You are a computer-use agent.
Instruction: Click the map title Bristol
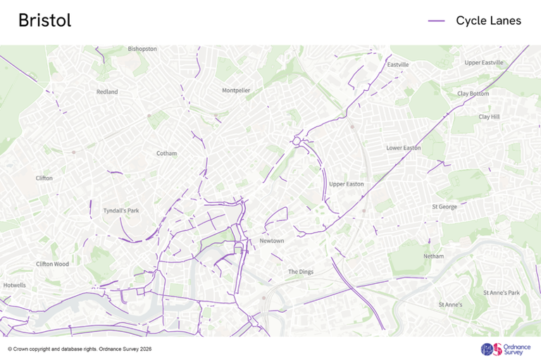(44, 21)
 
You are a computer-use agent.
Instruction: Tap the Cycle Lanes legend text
(488, 21)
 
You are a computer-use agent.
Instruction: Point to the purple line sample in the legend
(437, 21)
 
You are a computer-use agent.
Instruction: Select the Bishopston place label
(142, 49)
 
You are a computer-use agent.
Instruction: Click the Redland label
(107, 92)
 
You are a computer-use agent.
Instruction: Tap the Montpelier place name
(236, 91)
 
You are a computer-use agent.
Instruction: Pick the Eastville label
(398, 65)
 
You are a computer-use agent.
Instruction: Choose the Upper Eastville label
(484, 63)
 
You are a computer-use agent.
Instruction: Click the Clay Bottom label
(473, 94)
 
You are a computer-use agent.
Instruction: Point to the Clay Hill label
(489, 117)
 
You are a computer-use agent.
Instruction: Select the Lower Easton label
(404, 148)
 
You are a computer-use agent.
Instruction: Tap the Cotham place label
(167, 153)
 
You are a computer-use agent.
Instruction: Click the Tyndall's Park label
(121, 211)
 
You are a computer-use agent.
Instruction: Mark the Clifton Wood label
(53, 264)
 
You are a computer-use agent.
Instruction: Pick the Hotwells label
(14, 285)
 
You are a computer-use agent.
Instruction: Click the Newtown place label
(272, 241)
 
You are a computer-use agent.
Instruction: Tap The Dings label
(301, 272)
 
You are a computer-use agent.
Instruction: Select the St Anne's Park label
(501, 292)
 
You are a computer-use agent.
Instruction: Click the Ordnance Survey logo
(502, 349)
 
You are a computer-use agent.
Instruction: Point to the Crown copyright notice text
(80, 349)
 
